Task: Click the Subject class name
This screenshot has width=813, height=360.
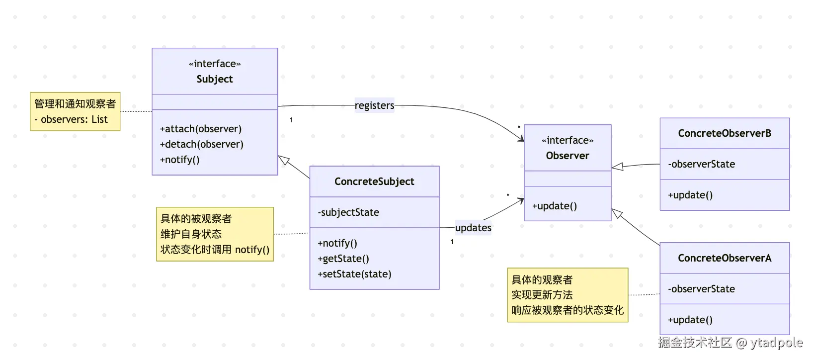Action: (x=215, y=79)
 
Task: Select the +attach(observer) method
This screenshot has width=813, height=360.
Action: (x=201, y=129)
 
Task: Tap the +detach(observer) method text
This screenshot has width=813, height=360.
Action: (x=202, y=144)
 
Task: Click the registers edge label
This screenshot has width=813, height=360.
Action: (x=374, y=105)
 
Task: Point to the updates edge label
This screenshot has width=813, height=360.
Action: (x=473, y=228)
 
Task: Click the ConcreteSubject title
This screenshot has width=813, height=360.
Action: (x=374, y=181)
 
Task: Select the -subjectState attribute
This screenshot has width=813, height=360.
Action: (x=348, y=212)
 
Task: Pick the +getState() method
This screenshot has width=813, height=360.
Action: (x=343, y=259)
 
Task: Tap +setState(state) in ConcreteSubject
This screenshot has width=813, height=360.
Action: (x=354, y=274)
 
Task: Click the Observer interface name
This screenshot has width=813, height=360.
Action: (x=568, y=156)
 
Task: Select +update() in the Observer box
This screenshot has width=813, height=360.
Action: (x=555, y=206)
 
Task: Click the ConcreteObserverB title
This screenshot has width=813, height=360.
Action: (x=725, y=133)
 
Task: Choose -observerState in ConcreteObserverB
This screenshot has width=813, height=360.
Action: (x=701, y=164)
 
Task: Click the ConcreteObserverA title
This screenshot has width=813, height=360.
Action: (x=725, y=258)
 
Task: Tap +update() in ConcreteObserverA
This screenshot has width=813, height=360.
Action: (x=690, y=320)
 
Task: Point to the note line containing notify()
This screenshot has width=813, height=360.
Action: (x=215, y=250)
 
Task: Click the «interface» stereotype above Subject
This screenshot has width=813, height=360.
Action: (x=215, y=64)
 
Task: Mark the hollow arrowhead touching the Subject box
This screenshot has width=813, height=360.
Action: (x=284, y=160)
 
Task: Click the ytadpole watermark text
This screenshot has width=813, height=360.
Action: (x=776, y=343)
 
